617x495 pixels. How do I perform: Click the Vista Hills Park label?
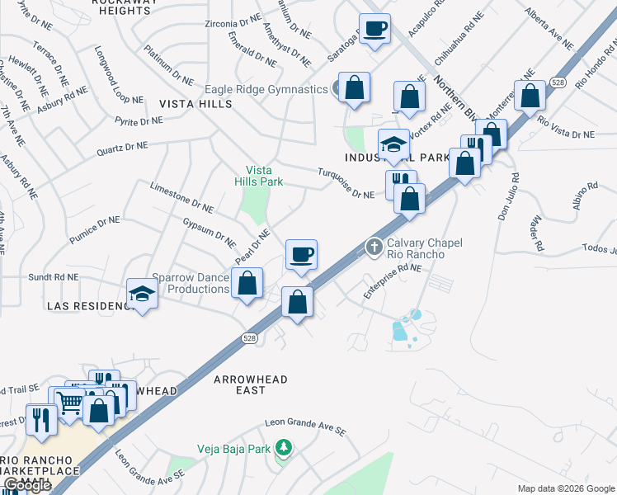click(x=261, y=175)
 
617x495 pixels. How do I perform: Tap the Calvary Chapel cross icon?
click(x=374, y=246)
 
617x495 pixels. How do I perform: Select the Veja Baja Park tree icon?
click(x=284, y=446)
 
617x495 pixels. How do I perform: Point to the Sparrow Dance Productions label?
click(x=191, y=283)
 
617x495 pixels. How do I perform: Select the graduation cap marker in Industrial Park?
click(x=393, y=144)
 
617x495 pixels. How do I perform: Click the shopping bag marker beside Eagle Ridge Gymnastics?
click(x=354, y=87)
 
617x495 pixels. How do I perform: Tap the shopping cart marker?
click(x=71, y=402)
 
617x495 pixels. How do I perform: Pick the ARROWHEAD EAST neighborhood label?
click(x=251, y=384)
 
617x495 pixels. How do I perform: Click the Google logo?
click(x=27, y=486)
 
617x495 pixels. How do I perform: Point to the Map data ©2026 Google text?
click(x=564, y=488)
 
